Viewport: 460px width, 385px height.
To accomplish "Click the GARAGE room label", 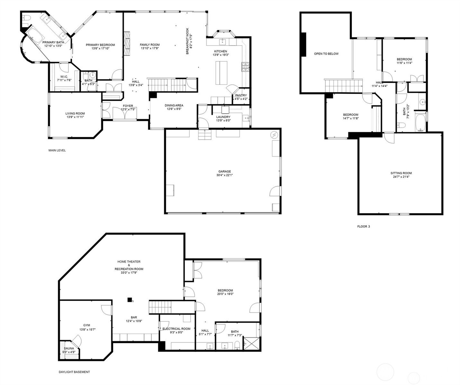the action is pos(225,171).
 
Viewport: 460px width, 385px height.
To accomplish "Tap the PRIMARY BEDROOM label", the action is pos(100,45).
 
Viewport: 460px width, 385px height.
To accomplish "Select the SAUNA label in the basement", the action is pos(69,348).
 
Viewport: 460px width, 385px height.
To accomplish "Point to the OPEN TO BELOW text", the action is pos(326,54).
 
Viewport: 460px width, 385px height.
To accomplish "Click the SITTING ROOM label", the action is pos(401,173).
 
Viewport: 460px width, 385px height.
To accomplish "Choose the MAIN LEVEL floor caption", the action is pos(57,150).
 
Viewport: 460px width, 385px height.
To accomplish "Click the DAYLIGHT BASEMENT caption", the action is pos(74,372).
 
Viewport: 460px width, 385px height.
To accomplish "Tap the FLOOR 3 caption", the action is pos(364,227).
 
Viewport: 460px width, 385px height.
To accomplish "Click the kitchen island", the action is pos(221,73).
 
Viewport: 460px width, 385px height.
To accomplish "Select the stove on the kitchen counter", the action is pos(245,67).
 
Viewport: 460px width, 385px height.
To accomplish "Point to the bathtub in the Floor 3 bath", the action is pos(420,123).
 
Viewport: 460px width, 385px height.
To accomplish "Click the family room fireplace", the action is pos(127,44).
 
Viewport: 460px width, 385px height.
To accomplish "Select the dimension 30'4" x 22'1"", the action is pos(225,175).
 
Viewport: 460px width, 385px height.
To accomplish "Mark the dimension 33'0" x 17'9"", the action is pos(129,273).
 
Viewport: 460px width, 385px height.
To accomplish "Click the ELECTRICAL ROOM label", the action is pos(176,329).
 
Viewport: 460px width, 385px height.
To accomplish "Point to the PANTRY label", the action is pos(241,96).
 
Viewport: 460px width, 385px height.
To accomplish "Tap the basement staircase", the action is pos(160,307).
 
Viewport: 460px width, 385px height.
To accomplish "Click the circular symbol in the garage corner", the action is pos(275,135).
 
